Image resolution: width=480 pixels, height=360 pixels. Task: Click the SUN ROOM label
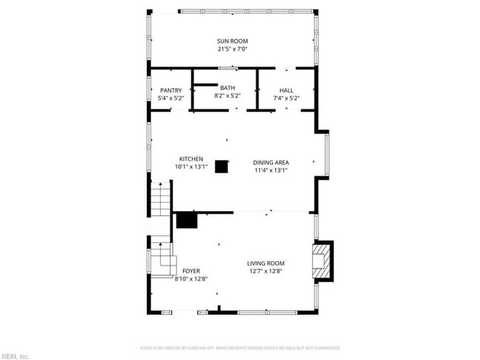(232, 41)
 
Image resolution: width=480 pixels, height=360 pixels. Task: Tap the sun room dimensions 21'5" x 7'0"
(232, 49)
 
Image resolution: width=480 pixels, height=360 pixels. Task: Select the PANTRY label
(171, 91)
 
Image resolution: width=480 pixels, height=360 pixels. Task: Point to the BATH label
(227, 89)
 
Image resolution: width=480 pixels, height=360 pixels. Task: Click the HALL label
(286, 91)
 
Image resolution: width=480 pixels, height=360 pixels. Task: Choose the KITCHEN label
(191, 159)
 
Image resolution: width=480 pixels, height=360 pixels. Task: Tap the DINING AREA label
(271, 162)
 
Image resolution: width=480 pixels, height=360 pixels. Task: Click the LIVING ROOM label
(265, 263)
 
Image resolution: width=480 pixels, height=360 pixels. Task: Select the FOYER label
(191, 271)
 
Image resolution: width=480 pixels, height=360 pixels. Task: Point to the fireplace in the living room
(322, 261)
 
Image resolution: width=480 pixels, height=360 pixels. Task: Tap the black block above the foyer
(187, 220)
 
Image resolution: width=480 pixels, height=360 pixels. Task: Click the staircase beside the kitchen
(161, 198)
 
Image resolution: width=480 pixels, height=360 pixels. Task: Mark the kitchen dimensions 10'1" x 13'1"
(191, 167)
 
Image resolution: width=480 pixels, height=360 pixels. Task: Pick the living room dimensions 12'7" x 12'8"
(265, 271)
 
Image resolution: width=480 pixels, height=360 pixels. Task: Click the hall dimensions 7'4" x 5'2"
(286, 98)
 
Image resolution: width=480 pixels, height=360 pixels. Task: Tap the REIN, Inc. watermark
(15, 356)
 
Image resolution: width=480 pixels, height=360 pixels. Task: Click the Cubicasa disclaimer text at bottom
(239, 347)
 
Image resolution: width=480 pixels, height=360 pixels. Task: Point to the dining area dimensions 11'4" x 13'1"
(271, 170)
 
